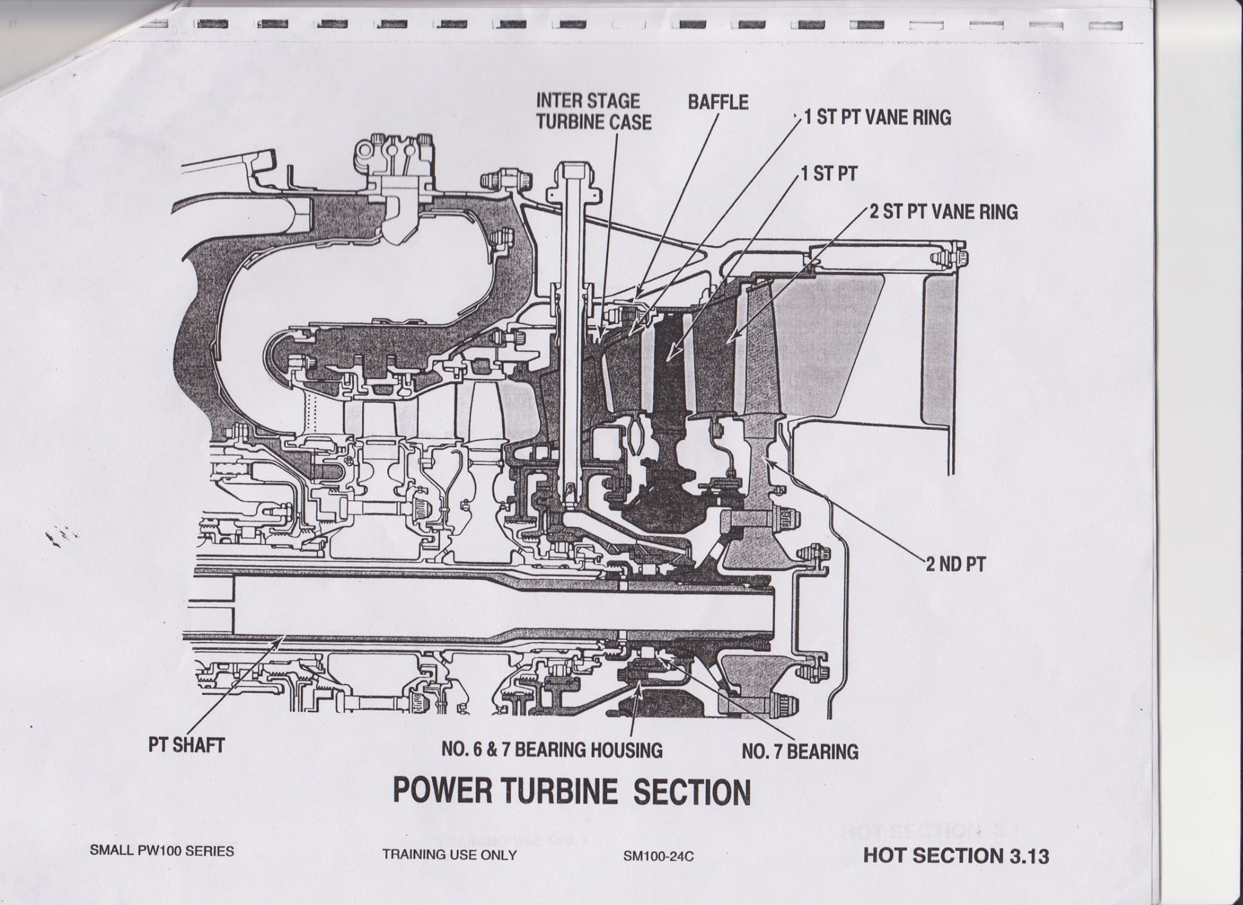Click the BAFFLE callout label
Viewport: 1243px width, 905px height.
718,101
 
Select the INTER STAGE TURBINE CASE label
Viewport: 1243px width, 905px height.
593,111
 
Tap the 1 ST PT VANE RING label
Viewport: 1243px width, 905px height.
877,117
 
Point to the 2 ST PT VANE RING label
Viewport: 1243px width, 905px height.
943,212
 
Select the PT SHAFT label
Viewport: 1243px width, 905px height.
186,745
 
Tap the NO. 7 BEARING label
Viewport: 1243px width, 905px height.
800,751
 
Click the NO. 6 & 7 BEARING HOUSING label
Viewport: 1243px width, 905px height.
552,750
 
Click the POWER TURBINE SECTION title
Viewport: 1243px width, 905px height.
572,791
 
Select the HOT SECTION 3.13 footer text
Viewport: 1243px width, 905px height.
955,856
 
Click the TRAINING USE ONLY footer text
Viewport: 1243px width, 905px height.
449,855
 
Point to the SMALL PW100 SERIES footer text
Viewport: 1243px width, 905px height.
161,851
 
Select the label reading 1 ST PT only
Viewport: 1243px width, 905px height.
828,174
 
